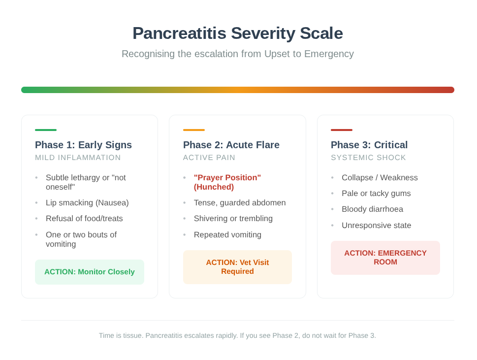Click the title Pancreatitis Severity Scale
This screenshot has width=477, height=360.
point(238,33)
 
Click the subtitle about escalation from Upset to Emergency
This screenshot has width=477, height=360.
point(238,54)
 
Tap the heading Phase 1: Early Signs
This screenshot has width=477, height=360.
point(83,145)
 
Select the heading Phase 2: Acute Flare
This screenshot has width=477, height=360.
point(231,145)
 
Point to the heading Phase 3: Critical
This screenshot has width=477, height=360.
point(369,145)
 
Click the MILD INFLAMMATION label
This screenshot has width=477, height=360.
point(78,158)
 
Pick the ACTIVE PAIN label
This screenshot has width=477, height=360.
point(209,158)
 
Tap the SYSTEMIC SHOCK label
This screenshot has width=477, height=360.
point(368,158)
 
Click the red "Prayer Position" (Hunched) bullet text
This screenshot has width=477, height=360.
point(227,182)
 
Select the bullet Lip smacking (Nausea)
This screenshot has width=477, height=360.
point(87,203)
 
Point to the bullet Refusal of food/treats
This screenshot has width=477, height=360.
point(84,219)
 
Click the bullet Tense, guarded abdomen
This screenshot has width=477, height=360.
point(240,203)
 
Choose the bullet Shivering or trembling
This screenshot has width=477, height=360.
point(233,219)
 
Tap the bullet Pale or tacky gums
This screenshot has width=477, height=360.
point(376,193)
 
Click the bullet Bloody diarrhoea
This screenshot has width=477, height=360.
point(372,209)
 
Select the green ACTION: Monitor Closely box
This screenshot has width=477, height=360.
point(90,272)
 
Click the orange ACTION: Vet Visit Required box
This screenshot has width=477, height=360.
point(237,267)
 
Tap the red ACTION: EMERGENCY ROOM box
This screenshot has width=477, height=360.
point(385,258)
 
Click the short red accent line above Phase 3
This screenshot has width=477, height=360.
point(342,130)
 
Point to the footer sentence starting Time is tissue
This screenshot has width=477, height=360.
point(237,336)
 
